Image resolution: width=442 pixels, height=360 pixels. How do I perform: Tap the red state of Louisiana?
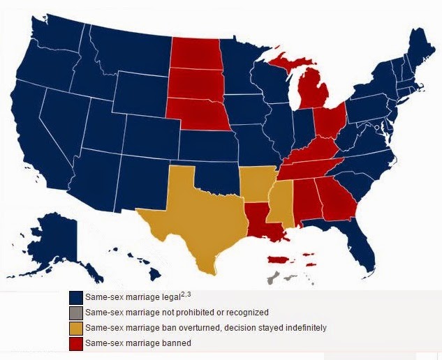click(261, 217)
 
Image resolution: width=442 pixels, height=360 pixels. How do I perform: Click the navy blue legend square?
click(75, 298)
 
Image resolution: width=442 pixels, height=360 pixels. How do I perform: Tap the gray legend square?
click(75, 313)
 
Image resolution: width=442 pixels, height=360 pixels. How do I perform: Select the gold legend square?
click(75, 328)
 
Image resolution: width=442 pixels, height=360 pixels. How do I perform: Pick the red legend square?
click(75, 343)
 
